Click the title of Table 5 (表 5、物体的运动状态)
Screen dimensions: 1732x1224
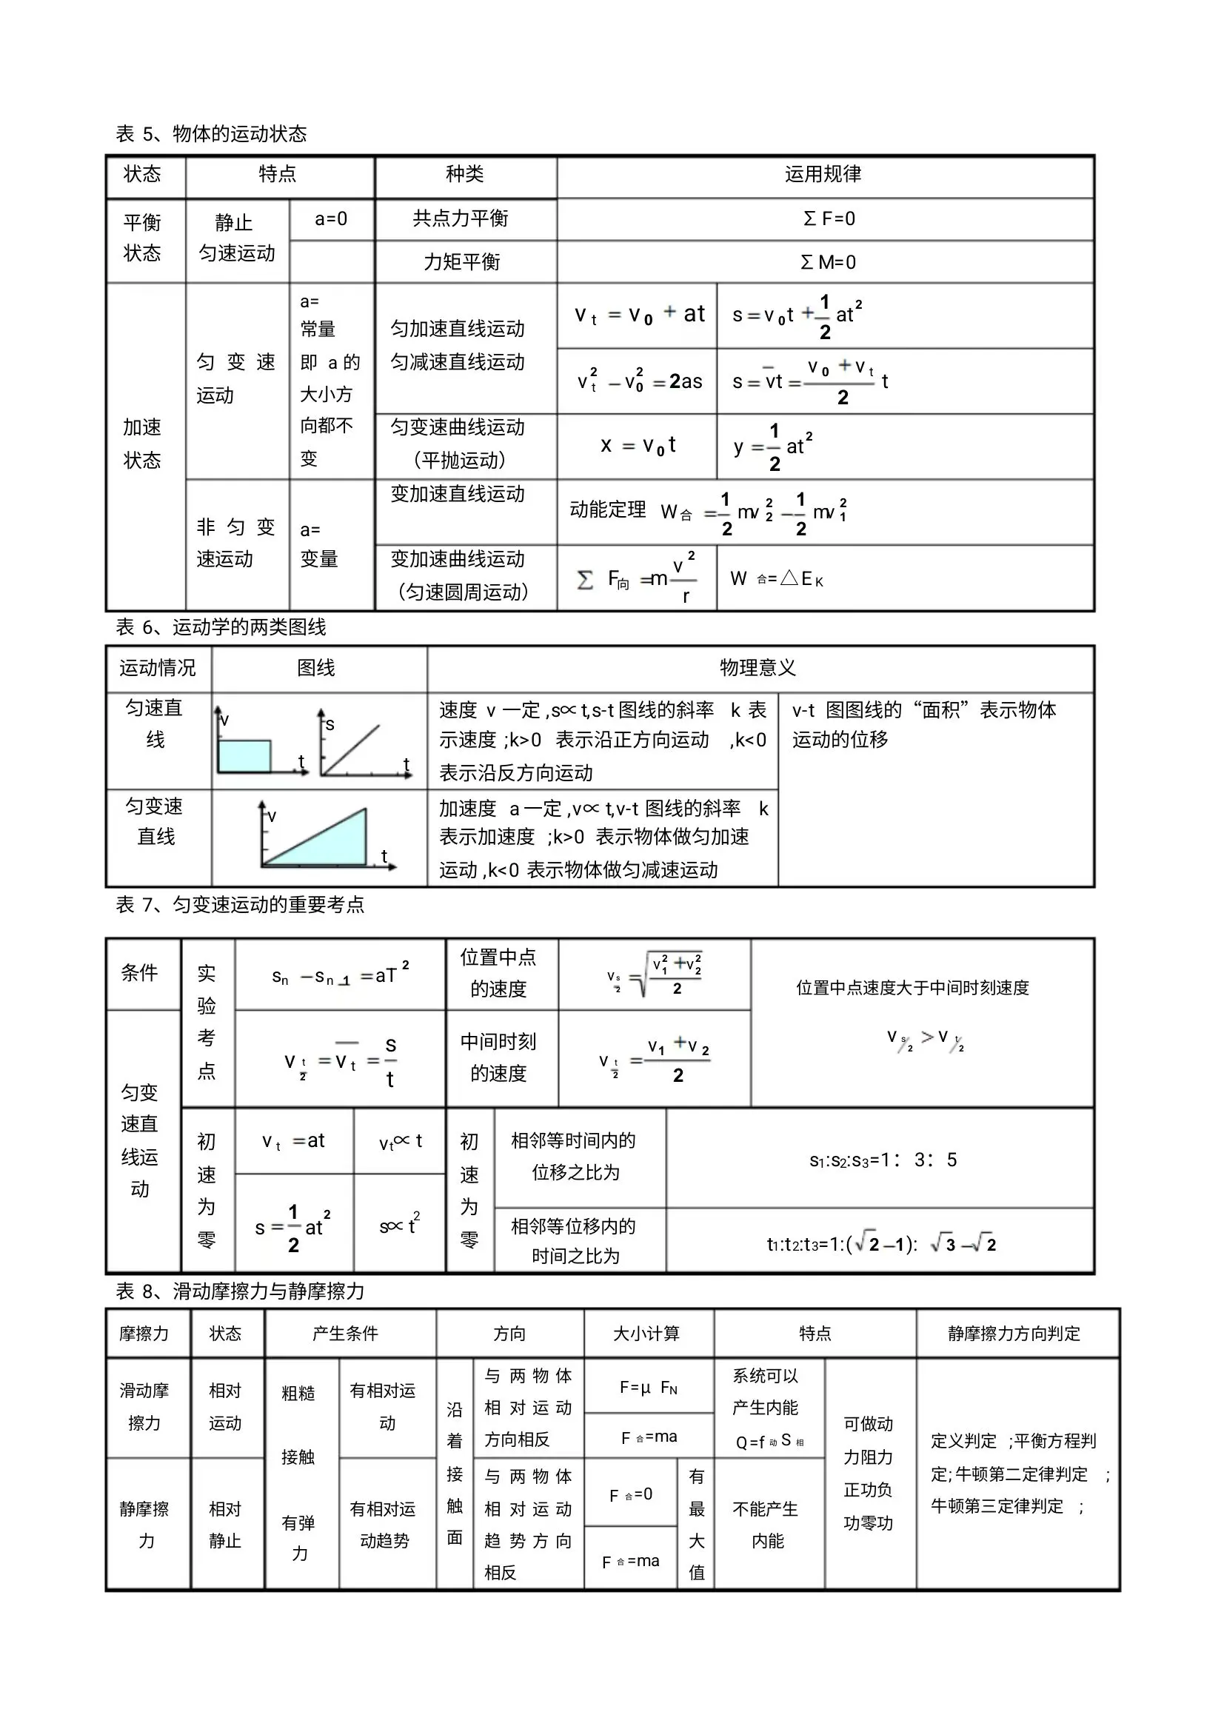pyautogui.click(x=211, y=134)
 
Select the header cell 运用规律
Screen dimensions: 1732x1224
pyautogui.click(x=823, y=174)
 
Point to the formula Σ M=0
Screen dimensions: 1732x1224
pyautogui.click(x=828, y=263)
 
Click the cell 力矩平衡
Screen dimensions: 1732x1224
pyautogui.click(x=461, y=261)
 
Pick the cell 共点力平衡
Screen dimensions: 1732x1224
pyautogui.click(x=461, y=218)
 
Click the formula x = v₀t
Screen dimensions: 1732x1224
pyautogui.click(x=638, y=446)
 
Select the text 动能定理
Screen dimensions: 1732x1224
pyautogui.click(x=608, y=510)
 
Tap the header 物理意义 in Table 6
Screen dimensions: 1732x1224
pyautogui.click(x=758, y=668)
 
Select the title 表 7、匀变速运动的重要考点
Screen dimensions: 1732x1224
pyautogui.click(x=240, y=904)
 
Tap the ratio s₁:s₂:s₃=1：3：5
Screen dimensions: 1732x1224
pyautogui.click(x=883, y=1160)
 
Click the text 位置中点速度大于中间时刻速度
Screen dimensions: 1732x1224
pyautogui.click(x=912, y=988)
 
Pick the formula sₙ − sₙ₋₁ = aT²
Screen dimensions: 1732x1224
pyautogui.click(x=340, y=976)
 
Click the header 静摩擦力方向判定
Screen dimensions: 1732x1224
pyautogui.click(x=1014, y=1334)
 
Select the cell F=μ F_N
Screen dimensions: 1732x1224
pyautogui.click(x=649, y=1387)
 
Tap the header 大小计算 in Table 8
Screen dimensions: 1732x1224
pyautogui.click(x=646, y=1334)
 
